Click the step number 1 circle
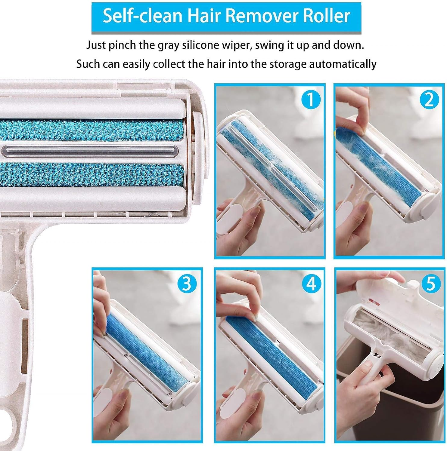(x=310, y=100)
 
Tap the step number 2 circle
(x=429, y=100)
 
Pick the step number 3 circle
(x=187, y=283)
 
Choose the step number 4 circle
(x=310, y=283)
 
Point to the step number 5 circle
(x=430, y=283)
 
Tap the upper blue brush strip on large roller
(x=90, y=130)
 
